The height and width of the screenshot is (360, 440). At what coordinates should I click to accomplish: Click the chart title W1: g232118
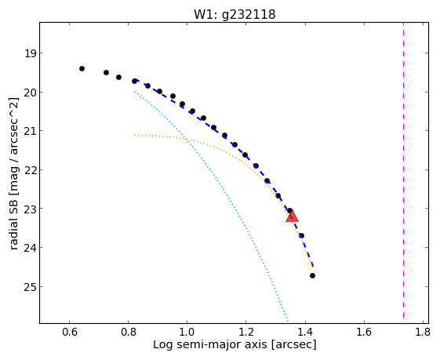tap(235, 14)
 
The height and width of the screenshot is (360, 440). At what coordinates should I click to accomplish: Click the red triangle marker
tap(292, 216)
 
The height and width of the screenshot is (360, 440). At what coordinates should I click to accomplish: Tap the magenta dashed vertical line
tap(403, 170)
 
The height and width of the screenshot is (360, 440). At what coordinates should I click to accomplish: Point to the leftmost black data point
tap(82, 68)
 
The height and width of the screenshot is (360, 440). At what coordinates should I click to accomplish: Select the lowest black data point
tap(312, 276)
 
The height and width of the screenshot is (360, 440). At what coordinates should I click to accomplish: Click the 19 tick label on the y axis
tap(30, 53)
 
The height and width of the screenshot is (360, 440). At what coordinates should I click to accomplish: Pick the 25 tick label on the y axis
tap(30, 287)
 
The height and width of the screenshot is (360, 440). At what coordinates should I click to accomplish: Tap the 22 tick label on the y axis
tap(30, 170)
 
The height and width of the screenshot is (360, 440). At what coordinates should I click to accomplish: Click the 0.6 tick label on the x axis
tap(69, 332)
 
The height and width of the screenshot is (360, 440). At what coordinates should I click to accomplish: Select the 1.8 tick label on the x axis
tap(422, 332)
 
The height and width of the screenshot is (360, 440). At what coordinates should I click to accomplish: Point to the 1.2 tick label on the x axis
tap(245, 332)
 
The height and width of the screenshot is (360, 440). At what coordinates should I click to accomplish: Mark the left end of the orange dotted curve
tap(135, 135)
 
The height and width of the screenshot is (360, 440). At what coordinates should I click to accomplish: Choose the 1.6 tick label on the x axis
tap(364, 332)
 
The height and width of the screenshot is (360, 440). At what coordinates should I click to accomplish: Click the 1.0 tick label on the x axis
tap(187, 332)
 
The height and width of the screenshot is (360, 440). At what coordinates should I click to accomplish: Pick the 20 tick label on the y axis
tap(30, 93)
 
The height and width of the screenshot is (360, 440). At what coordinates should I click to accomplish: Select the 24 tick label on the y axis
tap(30, 248)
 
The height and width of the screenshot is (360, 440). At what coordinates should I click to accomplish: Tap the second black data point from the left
tap(106, 72)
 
